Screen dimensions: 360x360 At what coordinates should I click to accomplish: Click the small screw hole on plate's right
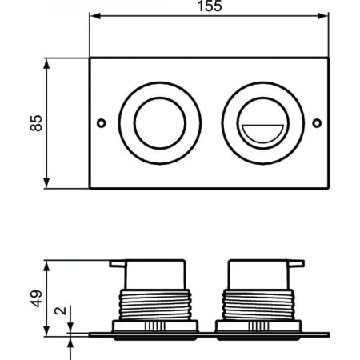pos(317,122)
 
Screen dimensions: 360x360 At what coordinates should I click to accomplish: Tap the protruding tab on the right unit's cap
pos(298,262)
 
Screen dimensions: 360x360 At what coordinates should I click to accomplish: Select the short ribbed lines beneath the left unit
pos(155,326)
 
